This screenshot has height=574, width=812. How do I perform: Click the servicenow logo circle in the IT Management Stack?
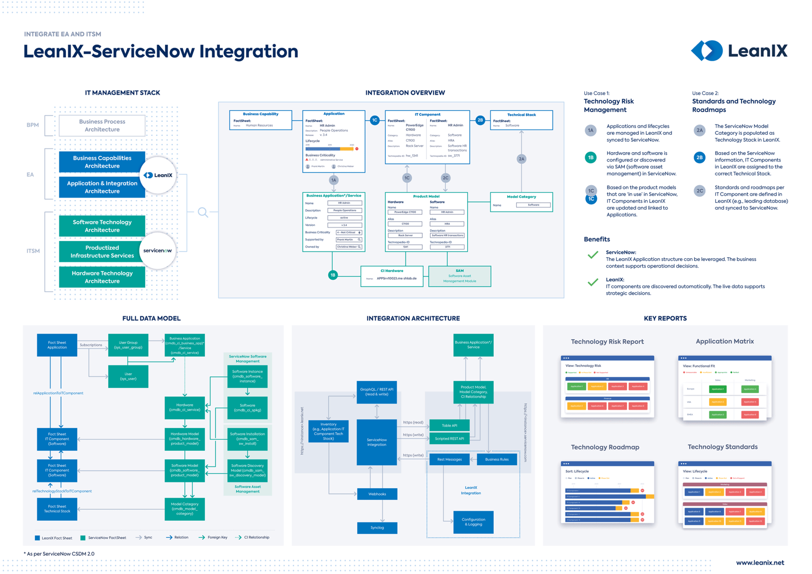158,251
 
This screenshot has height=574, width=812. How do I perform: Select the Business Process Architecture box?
102,125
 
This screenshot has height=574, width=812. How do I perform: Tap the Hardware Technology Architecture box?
102,277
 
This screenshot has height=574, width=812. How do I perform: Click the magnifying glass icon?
203,212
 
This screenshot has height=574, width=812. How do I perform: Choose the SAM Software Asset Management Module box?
459,276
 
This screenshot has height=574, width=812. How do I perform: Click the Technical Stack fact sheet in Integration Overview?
521,120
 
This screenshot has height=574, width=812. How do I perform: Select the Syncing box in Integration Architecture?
377,527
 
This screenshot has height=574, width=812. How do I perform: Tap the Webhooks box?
377,493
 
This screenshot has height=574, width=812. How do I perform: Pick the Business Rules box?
496,459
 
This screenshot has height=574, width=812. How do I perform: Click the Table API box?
449,425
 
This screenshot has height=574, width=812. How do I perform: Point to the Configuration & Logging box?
473,522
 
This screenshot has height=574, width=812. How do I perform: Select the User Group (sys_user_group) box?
128,345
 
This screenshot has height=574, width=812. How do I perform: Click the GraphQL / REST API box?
377,392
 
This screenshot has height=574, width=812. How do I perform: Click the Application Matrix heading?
724,341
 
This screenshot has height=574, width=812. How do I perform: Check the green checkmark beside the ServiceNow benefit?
593,255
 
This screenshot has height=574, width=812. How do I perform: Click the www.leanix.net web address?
760,562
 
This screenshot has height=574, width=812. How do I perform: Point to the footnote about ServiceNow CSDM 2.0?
59,554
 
